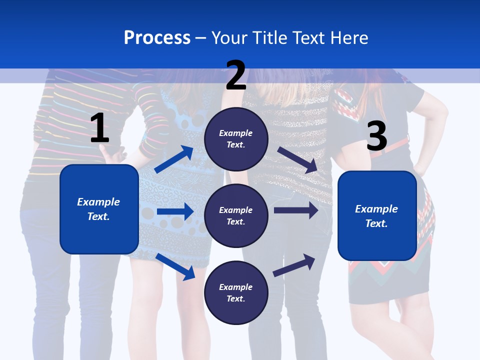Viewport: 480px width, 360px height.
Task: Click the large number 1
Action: [x=99, y=128]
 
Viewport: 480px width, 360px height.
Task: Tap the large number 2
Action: [x=236, y=75]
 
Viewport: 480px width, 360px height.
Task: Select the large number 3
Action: [x=376, y=136]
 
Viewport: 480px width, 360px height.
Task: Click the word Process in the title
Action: [x=157, y=37]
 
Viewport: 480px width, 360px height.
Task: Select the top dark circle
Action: [x=236, y=139]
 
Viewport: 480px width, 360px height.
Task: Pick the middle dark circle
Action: [x=236, y=215]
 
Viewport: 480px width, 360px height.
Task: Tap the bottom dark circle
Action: [x=236, y=292]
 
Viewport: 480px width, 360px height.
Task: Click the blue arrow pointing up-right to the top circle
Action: [x=174, y=159]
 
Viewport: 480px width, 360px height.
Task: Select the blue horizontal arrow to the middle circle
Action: [x=175, y=211]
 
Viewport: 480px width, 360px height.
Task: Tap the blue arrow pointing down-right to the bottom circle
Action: [x=175, y=266]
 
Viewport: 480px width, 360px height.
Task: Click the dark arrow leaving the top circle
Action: [x=297, y=159]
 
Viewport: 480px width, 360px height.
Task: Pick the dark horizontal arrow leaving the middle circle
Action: [x=295, y=210]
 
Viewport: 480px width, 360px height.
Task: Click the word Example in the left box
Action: [x=98, y=202]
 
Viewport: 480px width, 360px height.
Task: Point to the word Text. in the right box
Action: [x=376, y=223]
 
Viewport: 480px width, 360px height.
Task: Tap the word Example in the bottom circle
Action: [x=235, y=287]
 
